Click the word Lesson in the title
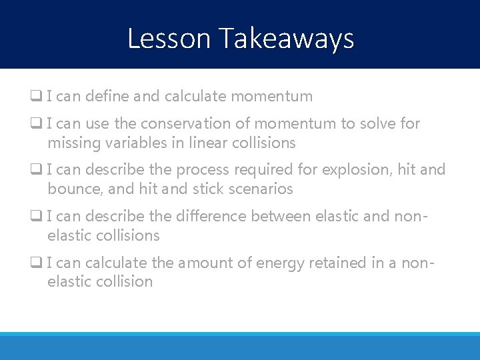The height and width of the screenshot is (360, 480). tap(169, 39)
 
